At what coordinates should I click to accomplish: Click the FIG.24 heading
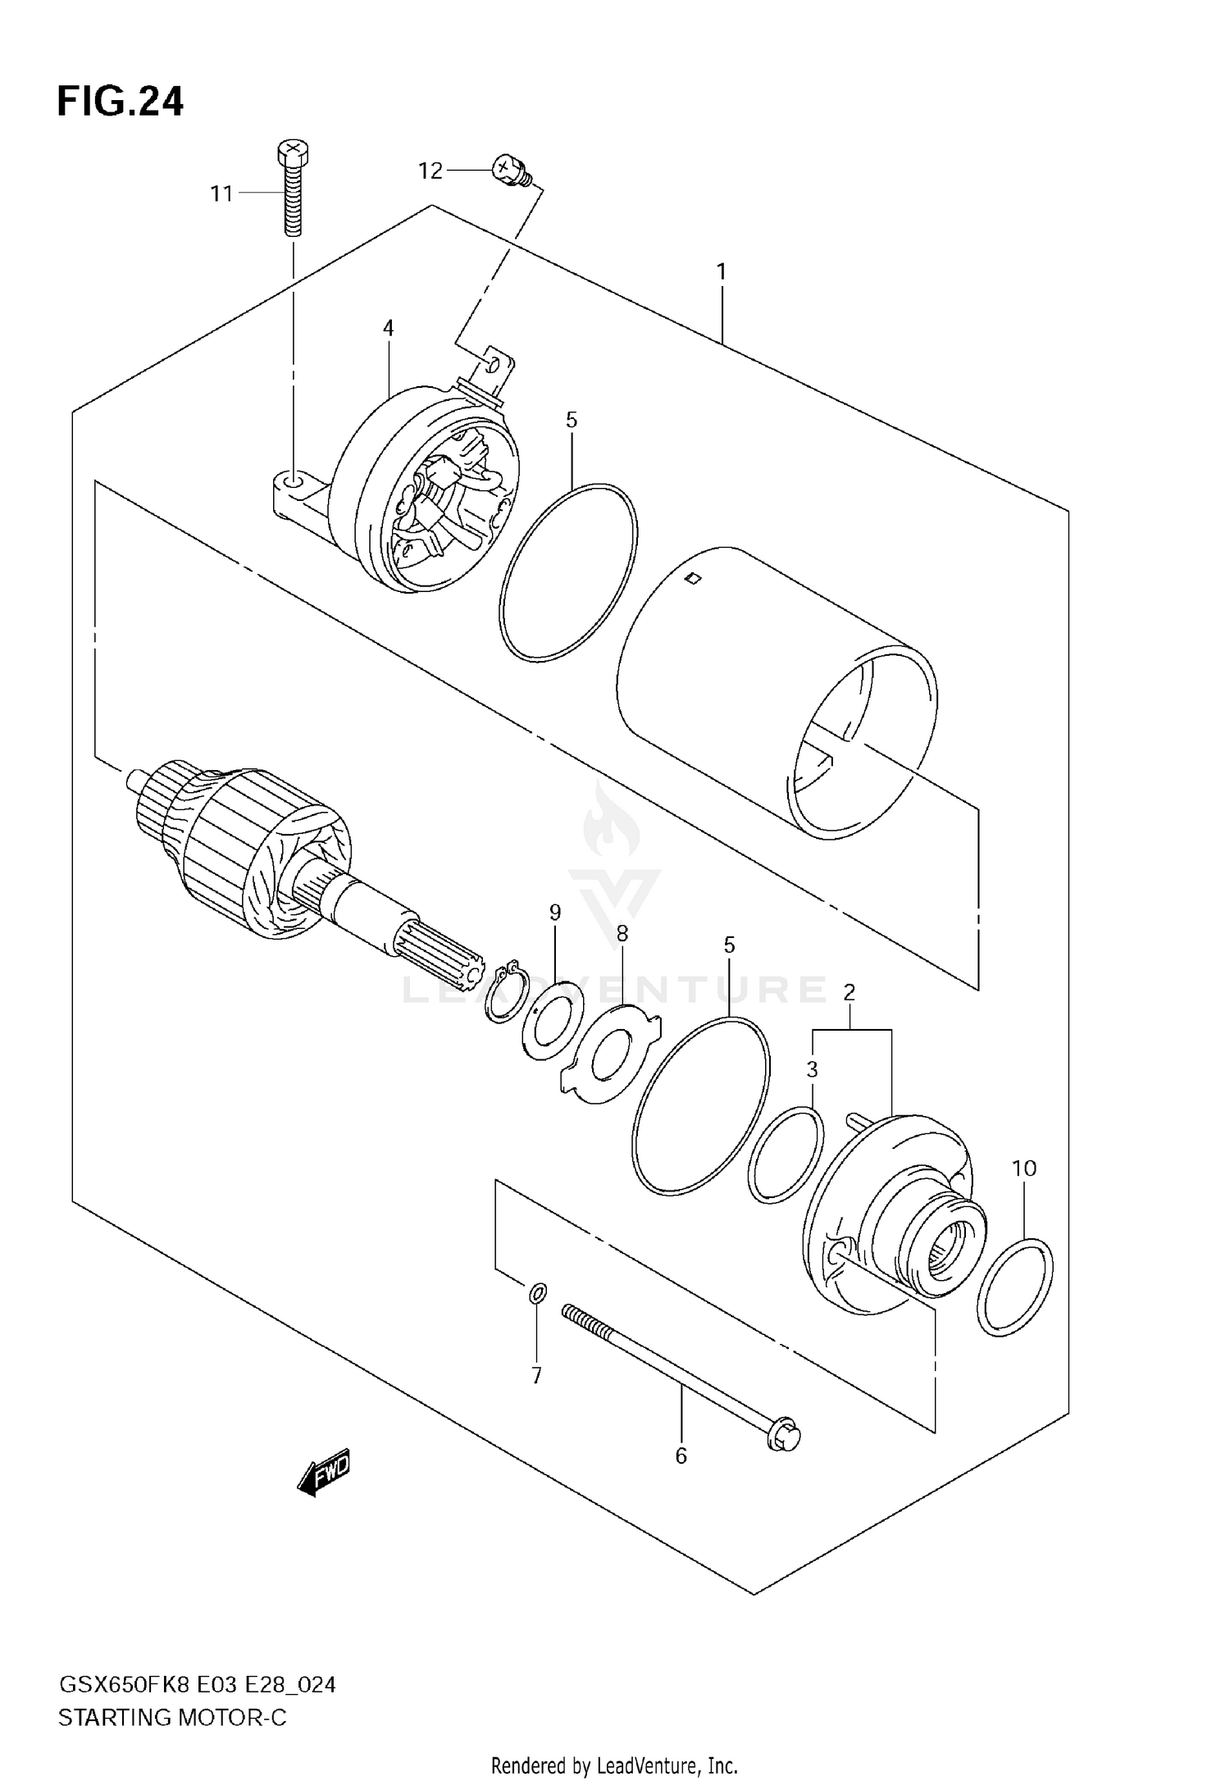(x=121, y=102)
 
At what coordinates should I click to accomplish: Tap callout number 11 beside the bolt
(x=221, y=194)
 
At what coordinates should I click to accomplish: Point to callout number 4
(x=388, y=328)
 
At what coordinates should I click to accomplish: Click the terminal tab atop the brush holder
(x=496, y=368)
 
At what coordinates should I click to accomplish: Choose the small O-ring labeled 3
(x=786, y=1155)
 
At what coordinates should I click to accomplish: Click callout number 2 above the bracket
(x=850, y=993)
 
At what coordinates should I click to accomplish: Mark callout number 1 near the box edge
(x=722, y=271)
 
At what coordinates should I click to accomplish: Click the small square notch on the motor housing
(x=694, y=579)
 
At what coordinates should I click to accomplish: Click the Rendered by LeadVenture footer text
(x=614, y=1765)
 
